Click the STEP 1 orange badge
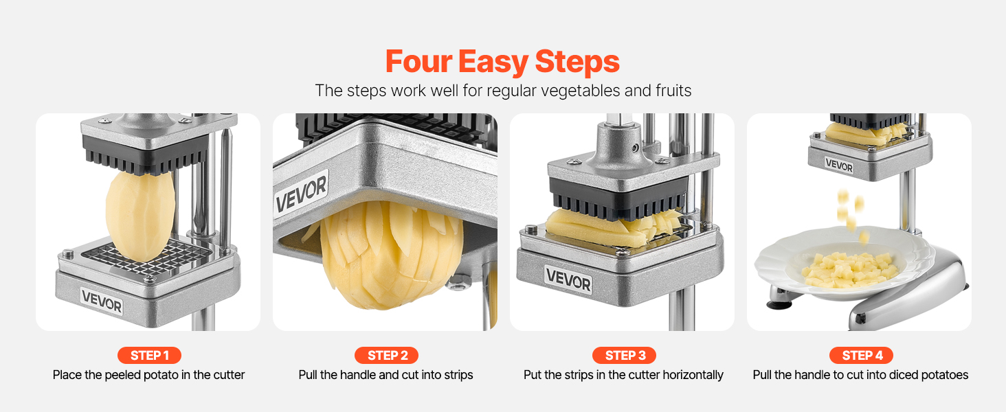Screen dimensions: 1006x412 (x=149, y=356)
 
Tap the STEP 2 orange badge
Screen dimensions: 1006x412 (x=386, y=356)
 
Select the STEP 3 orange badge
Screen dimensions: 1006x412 (x=624, y=356)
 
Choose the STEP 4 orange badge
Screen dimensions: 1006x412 (x=861, y=356)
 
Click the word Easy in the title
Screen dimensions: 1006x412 (x=493, y=62)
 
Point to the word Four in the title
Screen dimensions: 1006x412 (x=418, y=61)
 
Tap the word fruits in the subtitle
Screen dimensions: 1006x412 (x=673, y=90)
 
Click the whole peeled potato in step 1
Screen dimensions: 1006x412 (x=140, y=216)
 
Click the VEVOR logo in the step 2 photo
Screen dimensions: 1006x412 (x=301, y=194)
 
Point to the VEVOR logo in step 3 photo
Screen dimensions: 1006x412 (x=568, y=279)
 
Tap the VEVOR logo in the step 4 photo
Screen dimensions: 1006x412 (x=839, y=165)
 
